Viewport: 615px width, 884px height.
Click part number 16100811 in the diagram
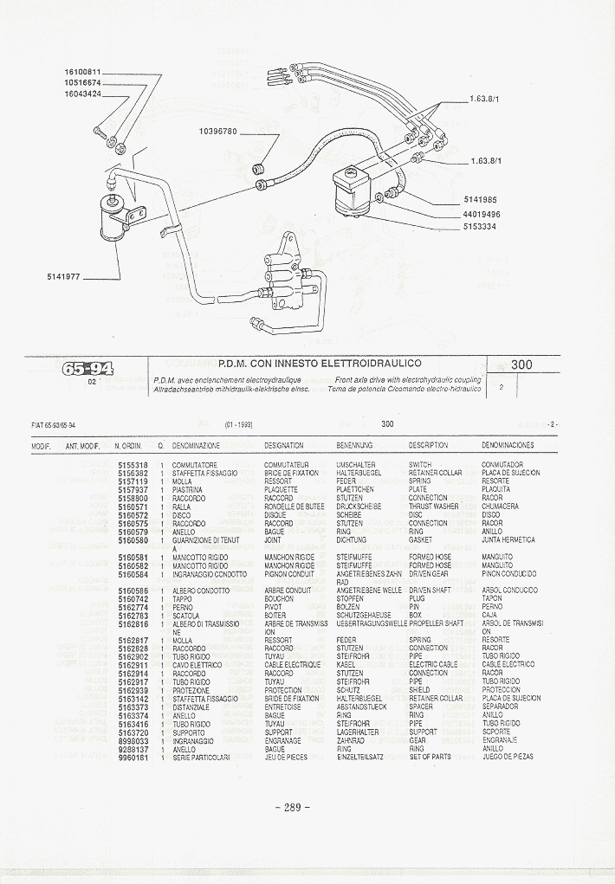(x=83, y=72)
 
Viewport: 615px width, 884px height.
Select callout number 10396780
(x=217, y=132)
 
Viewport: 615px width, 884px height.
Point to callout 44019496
(x=482, y=214)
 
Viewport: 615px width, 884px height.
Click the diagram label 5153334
(x=482, y=227)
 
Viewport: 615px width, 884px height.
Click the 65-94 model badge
(x=87, y=369)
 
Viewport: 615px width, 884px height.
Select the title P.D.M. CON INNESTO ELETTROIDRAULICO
(x=320, y=365)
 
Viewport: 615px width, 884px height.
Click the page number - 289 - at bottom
(x=292, y=808)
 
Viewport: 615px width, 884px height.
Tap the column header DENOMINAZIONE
(x=196, y=446)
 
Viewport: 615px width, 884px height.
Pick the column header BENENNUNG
(x=354, y=446)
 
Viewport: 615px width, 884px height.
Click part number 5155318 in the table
(x=133, y=465)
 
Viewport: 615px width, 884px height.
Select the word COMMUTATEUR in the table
(x=287, y=465)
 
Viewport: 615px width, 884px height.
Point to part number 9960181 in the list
(x=133, y=757)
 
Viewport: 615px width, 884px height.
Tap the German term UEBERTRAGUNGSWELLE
(x=372, y=623)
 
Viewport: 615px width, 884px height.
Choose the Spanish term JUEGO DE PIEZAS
(x=508, y=757)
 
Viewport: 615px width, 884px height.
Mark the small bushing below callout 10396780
(x=257, y=166)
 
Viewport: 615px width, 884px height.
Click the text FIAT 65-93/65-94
(x=54, y=425)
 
